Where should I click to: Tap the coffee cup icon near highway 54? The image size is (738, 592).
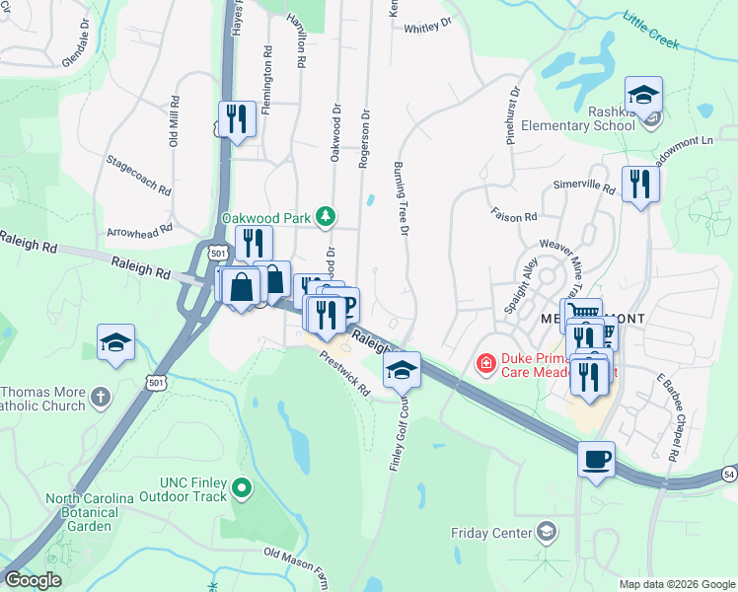pos(597,460)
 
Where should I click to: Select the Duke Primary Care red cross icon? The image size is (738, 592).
pos(485,365)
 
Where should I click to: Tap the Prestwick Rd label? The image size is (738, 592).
pos(344,376)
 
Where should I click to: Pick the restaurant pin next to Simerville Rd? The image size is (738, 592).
pos(640,184)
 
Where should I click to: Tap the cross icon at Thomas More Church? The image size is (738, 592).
pos(100,397)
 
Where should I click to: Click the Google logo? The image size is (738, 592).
pos(33,580)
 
